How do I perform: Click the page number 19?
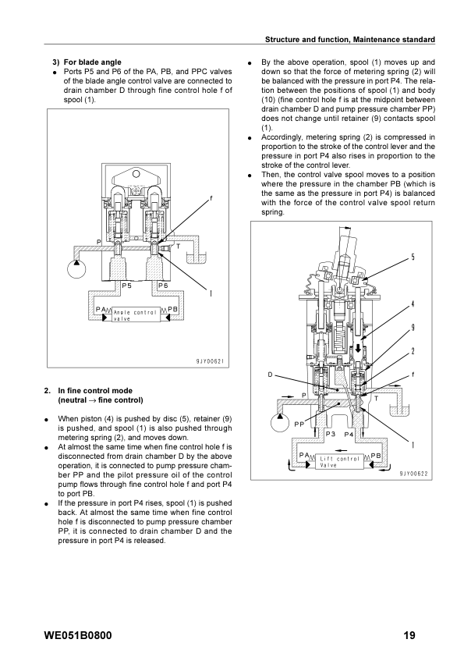click(409, 635)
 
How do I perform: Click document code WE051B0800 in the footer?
click(78, 635)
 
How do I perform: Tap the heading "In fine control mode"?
click(95, 391)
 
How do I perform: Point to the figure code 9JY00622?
click(414, 474)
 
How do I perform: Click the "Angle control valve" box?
click(136, 315)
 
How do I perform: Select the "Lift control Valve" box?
click(340, 462)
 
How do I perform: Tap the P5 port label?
click(127, 286)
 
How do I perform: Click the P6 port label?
click(163, 286)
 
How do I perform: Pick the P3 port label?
click(331, 434)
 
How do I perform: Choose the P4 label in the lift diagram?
click(349, 435)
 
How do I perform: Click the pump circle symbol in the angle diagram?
click(76, 268)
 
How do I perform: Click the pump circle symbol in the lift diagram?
click(280, 422)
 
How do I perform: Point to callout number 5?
click(413, 257)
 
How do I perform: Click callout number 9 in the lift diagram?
click(413, 328)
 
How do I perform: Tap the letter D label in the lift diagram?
click(270, 375)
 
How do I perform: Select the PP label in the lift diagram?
click(299, 424)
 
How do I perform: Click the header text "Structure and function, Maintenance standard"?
click(350, 39)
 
